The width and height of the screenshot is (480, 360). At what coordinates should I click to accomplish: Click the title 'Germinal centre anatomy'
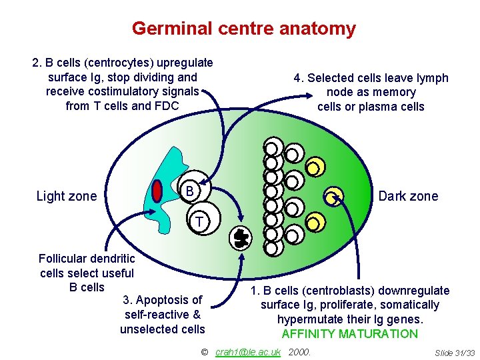point(243,29)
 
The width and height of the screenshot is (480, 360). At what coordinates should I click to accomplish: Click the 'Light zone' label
point(66,196)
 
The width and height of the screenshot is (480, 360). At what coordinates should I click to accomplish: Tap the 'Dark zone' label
point(408,196)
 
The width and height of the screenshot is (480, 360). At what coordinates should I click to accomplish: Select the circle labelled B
point(190,191)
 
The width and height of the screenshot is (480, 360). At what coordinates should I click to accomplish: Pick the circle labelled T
point(199,221)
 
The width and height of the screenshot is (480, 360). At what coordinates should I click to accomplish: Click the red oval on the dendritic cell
point(157,191)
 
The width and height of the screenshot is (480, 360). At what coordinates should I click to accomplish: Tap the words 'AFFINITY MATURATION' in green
point(349,334)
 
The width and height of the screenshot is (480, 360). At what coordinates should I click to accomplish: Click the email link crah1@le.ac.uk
point(248,351)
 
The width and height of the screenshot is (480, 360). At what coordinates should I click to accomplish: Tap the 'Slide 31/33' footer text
point(454,352)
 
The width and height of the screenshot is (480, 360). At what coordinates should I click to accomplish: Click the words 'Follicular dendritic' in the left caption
point(87,259)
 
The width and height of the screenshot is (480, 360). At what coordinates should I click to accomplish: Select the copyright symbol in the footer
point(205,351)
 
